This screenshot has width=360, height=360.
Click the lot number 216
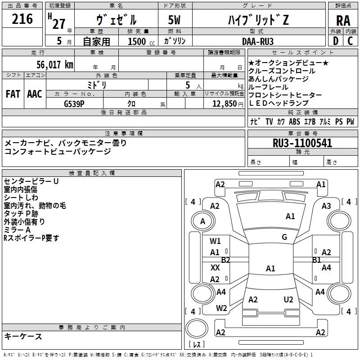click(x=22, y=19)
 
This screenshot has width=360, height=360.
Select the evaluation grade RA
click(x=343, y=21)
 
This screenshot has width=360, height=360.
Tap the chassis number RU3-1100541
click(x=302, y=143)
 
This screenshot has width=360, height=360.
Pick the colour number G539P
click(x=75, y=103)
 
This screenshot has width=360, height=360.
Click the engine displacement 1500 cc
click(x=140, y=41)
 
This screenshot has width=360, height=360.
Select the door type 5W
click(x=175, y=20)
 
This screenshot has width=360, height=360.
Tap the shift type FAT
click(x=13, y=94)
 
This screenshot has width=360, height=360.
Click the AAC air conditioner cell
click(x=35, y=94)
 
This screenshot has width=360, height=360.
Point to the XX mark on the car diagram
click(x=215, y=267)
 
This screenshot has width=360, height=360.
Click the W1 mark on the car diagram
click(x=216, y=241)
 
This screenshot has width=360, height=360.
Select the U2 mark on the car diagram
click(x=288, y=299)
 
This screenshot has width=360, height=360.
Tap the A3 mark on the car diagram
click(x=327, y=206)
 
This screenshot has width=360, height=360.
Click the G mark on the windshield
click(x=284, y=237)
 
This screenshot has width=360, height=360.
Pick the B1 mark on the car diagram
click(x=316, y=260)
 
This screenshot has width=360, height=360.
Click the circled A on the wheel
click(x=202, y=221)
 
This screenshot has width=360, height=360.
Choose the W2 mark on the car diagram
click(x=221, y=308)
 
